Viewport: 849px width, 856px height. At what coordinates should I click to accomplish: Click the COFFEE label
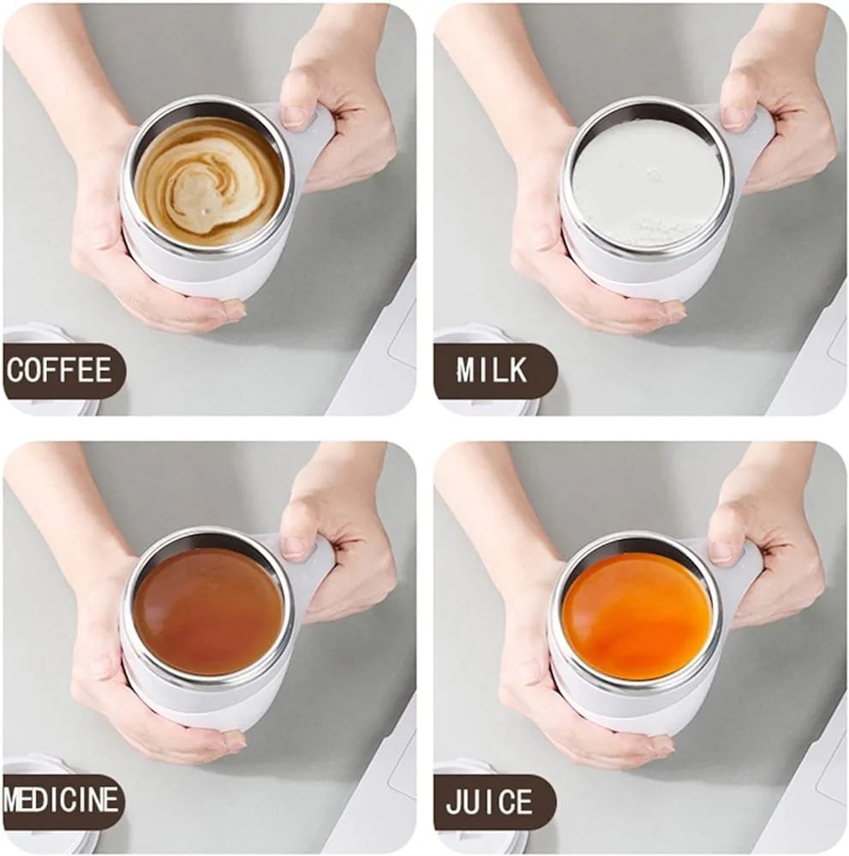60,371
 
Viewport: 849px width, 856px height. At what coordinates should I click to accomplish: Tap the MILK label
492,371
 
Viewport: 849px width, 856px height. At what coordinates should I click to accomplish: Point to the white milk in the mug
647,182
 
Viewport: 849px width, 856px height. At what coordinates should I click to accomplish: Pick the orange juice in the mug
637,615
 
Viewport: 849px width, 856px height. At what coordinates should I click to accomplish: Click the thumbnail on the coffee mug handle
292,115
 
